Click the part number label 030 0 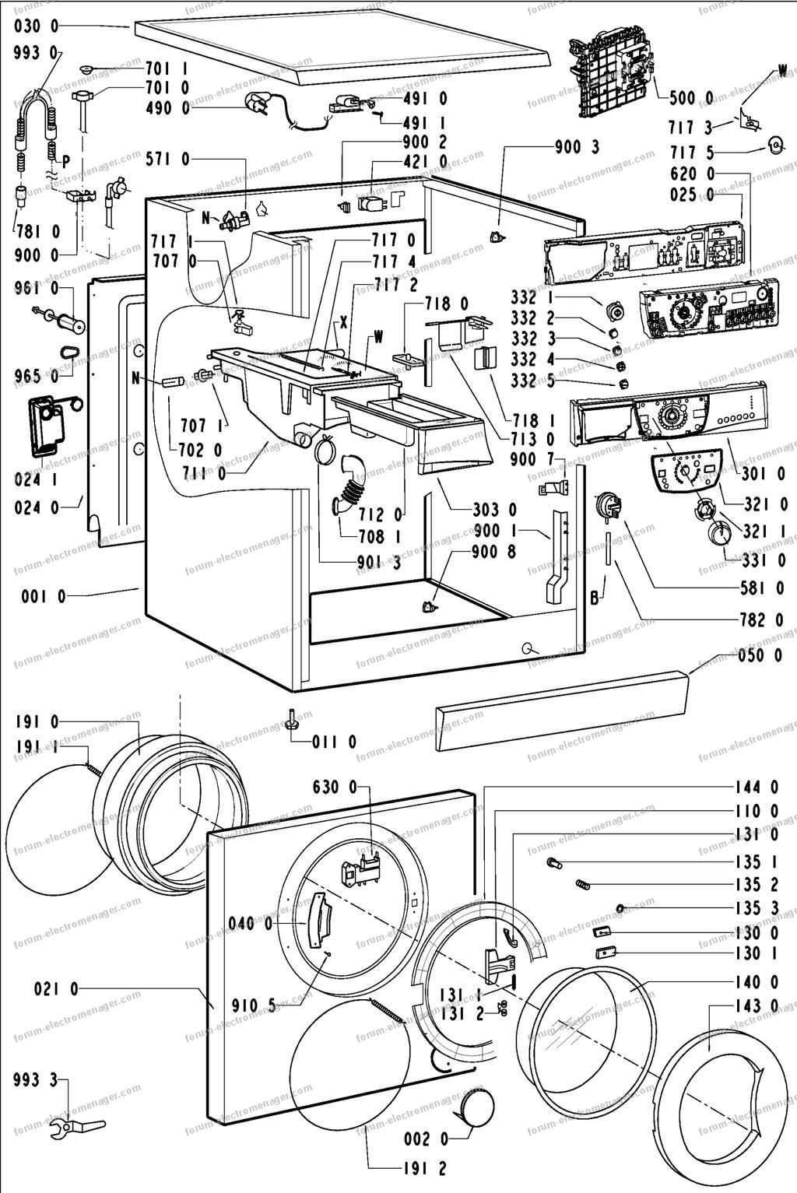37,25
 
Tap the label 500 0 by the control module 691,98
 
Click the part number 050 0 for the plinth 760,655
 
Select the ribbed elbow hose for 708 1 350,486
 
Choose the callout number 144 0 757,787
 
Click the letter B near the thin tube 595,598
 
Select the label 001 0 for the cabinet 43,596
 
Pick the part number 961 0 37,289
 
